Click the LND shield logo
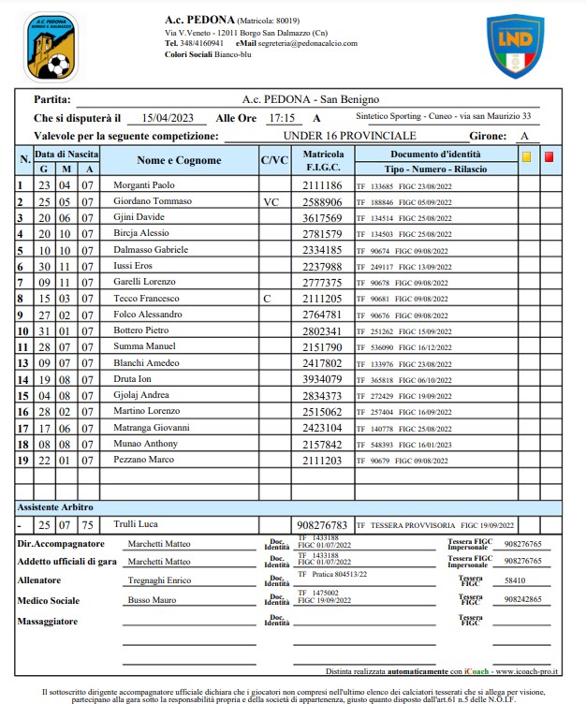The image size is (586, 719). pos(514,46)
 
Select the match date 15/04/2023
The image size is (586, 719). pos(168,118)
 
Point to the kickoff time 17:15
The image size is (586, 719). pos(281,118)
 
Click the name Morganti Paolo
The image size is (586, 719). pos(144,185)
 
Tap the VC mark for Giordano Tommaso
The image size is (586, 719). pos(271,201)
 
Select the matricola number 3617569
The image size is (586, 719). pos(322,218)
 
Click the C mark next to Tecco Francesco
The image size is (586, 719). pos(267,299)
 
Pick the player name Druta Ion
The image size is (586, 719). pos(133,379)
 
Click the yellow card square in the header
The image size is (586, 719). pos(526,157)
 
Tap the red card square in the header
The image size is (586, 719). pos(549,157)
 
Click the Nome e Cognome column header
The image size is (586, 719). pos(180,160)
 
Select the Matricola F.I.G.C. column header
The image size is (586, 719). pos(323,160)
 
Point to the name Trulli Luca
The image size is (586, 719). pos(136,524)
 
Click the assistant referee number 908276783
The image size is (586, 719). pos(320,525)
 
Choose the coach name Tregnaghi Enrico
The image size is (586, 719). pos(161,581)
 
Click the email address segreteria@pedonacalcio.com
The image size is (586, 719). pos(308,43)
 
